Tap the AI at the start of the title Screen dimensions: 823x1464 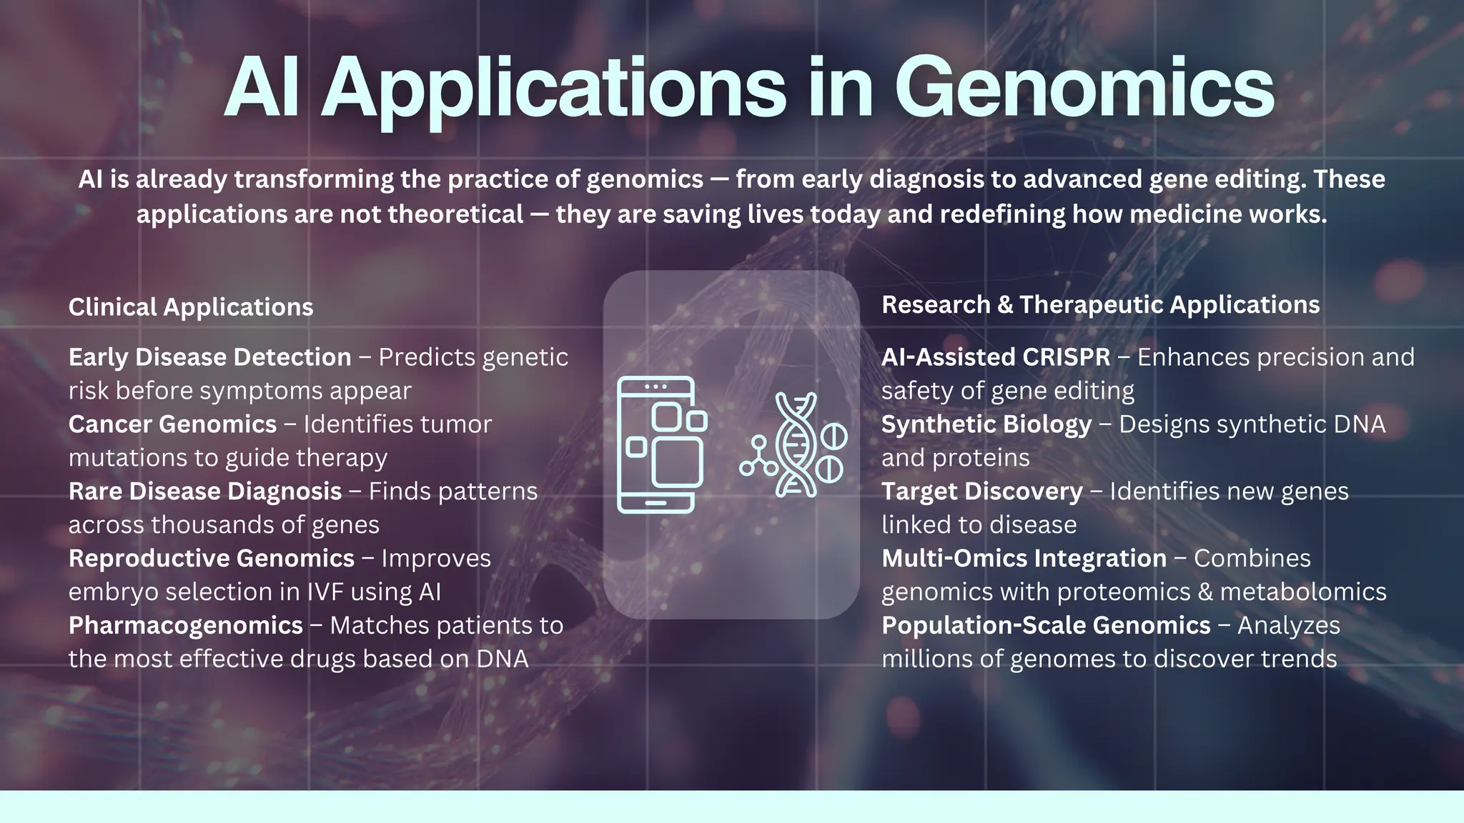tap(262, 89)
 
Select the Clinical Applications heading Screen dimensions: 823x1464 tap(191, 307)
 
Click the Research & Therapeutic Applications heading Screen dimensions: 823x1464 tap(1100, 305)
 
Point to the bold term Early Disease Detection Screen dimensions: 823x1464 tap(209, 357)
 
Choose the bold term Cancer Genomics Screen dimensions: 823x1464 tap(172, 424)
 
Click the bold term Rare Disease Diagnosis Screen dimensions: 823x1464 tap(205, 492)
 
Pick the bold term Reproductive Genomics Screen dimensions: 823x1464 tap(212, 559)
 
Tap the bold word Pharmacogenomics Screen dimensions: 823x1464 tap(186, 626)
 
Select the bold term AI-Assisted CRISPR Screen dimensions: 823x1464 tap(996, 357)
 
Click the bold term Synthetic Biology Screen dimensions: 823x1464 tap(986, 424)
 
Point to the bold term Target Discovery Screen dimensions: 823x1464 tap(982, 492)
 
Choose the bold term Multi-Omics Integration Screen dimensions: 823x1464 tap(1024, 559)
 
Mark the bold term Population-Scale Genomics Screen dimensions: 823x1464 tap(1046, 626)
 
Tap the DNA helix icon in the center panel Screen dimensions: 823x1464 tap(796, 444)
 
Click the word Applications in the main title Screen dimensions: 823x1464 tap(554, 89)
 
